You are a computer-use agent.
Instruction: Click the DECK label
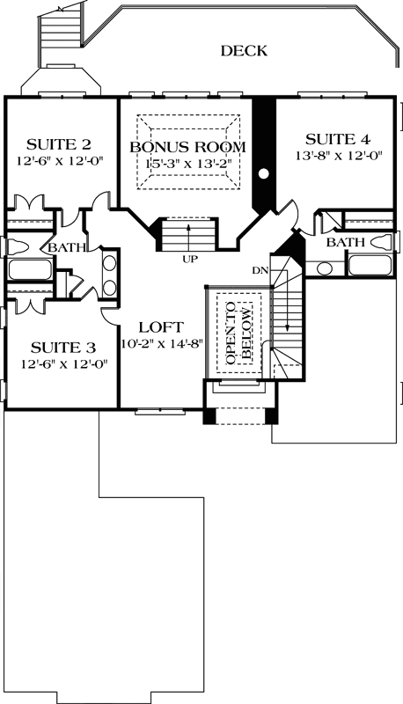click(244, 52)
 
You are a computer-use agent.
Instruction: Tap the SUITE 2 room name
click(59, 144)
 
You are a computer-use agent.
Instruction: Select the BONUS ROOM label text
click(187, 146)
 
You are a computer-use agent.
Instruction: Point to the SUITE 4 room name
click(338, 139)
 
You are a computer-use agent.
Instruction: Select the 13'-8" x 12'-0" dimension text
click(338, 155)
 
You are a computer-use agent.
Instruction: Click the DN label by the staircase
click(260, 269)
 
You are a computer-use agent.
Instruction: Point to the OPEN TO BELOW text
click(238, 336)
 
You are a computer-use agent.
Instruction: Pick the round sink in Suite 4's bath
click(325, 268)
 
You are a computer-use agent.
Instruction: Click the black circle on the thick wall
click(263, 173)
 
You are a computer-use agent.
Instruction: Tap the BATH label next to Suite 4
click(344, 242)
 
